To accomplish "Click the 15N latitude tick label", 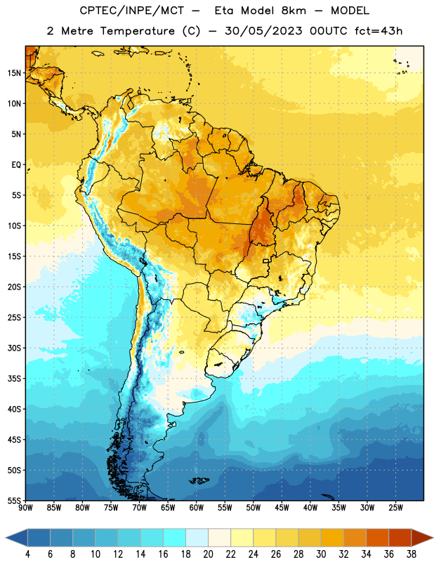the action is tap(14, 73).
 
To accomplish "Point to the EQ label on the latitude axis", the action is tap(16, 165).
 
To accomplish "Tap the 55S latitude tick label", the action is tap(14, 501).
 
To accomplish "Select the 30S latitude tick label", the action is tap(14, 348).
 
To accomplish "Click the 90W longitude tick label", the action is tap(25, 508).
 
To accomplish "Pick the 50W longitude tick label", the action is tap(254, 508).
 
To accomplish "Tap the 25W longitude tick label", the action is tap(395, 508).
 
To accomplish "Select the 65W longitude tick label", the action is tap(168, 508).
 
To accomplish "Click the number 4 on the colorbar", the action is tap(27, 554).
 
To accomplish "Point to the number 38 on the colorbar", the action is tap(412, 554).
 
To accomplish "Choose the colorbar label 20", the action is tap(208, 554).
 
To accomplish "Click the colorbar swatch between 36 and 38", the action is tap(400, 537).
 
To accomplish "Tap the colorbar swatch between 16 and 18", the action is tap(175, 537).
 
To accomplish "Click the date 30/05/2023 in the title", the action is tap(263, 31).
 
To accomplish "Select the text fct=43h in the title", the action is tap(379, 31).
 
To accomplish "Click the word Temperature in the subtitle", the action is tap(137, 31).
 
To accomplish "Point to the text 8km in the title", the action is tap(294, 11).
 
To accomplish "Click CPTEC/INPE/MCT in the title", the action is tap(131, 11).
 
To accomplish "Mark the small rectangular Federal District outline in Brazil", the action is tap(266, 261).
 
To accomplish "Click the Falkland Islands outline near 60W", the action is tap(199, 481).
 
